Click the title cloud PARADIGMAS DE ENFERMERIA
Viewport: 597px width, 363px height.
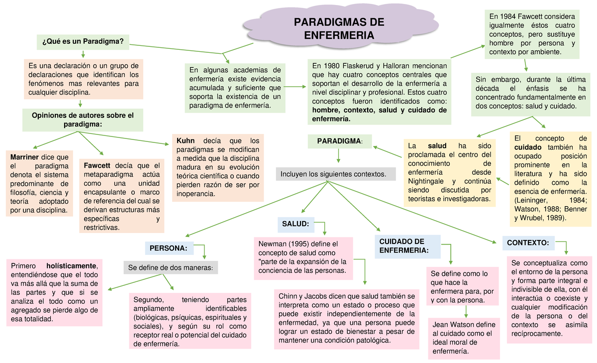339,29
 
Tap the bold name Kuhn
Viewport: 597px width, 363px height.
186,140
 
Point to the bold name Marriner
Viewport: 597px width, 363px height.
25,157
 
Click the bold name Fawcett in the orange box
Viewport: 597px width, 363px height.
98,166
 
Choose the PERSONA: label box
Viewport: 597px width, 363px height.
168,247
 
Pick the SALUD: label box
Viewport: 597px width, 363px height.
296,225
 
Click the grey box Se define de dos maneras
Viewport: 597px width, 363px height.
170,268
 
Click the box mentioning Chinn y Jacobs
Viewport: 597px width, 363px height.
347,319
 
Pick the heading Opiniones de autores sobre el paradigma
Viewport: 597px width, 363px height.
83,120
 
